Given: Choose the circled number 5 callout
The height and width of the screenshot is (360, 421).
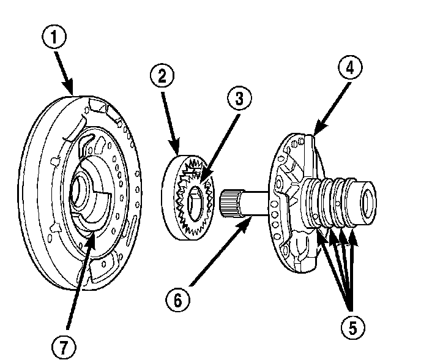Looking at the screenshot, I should point(351,328).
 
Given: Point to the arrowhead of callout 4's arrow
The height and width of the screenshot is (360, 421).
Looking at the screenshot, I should point(314,132).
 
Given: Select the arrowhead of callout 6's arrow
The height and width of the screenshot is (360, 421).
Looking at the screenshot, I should point(248,223).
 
